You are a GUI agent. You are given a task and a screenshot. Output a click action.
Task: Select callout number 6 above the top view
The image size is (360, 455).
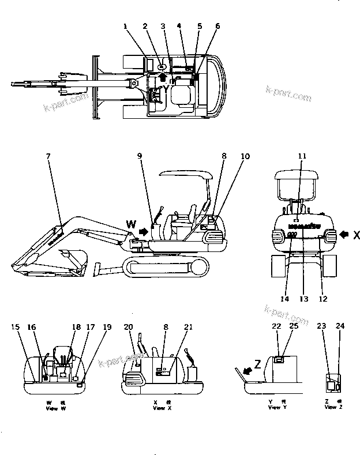pos(217,26)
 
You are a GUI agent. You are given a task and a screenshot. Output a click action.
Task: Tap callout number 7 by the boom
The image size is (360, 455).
pos(48,156)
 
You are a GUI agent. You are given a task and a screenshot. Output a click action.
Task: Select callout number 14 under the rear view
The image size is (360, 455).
pos(284,299)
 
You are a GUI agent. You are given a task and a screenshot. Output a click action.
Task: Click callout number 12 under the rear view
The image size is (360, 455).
pos(324,299)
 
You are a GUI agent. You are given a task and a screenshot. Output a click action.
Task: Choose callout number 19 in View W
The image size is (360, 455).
pos(107,327)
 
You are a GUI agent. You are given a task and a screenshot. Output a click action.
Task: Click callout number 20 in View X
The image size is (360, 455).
pos(128,327)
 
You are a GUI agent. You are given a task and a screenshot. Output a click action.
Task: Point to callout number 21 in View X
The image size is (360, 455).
pos(187,327)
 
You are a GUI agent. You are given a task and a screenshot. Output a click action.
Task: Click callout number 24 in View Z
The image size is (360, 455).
pos(340,327)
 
